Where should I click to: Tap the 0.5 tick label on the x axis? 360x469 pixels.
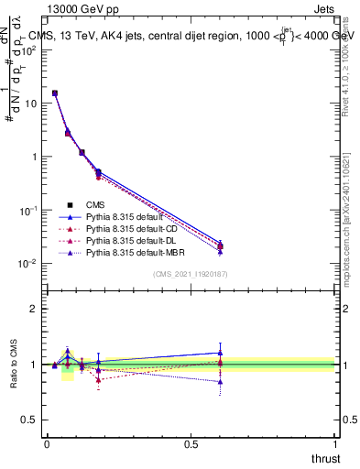click(191, 443)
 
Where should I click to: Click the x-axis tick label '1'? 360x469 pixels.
click(335, 443)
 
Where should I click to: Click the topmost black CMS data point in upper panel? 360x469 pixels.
click(55, 93)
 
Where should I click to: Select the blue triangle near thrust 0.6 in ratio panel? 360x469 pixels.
click(220, 353)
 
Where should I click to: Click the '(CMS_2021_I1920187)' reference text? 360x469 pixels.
click(190, 274)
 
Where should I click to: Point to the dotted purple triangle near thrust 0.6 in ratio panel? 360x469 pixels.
click(220, 381)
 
